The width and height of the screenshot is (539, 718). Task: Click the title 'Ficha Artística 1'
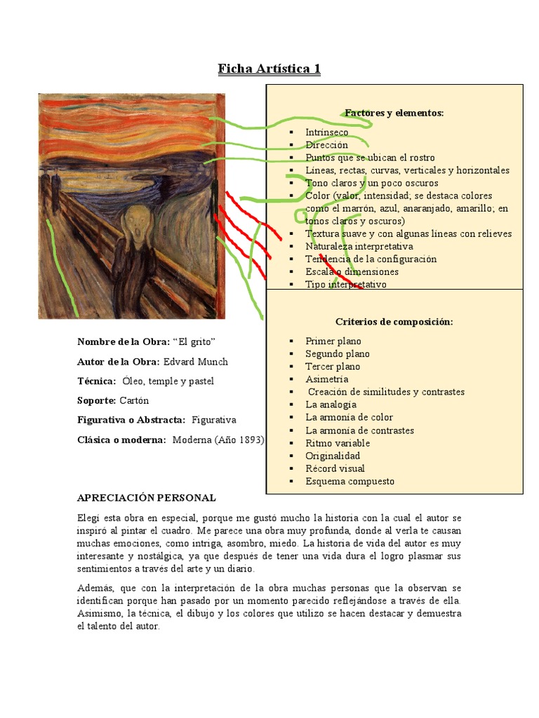click(269, 69)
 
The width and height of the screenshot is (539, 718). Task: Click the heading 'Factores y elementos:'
click(394, 112)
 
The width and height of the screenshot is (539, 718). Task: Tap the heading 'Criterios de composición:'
click(394, 322)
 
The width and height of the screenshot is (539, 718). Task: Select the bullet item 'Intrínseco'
click(326, 132)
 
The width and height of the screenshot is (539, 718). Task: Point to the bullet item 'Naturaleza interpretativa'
click(359, 246)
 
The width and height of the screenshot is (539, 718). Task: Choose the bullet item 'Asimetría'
click(326, 379)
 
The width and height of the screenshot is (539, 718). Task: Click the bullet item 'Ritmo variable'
click(337, 443)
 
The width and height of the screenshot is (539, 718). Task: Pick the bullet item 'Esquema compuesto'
click(350, 481)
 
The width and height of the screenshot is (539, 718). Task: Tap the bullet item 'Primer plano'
click(333, 341)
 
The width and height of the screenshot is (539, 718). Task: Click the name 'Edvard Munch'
click(195, 362)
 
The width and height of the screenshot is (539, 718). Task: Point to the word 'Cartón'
click(134, 400)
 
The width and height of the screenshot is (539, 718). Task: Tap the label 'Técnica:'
click(96, 381)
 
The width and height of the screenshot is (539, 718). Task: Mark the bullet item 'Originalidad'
click(333, 456)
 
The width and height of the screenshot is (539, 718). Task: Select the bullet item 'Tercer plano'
click(333, 367)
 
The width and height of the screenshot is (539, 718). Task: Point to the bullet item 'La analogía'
click(331, 405)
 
